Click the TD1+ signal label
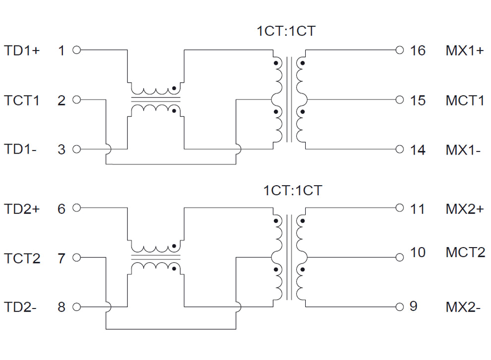pos(22,50)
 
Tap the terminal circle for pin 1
pos(76,50)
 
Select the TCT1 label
pos(22,100)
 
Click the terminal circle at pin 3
pos(76,149)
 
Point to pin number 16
pos(418,51)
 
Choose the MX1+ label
pos(464,51)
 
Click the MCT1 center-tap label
pos(465,100)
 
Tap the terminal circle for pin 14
pos(400,149)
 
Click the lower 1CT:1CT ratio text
pos(293,190)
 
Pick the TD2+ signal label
pos(22,208)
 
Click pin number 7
pos(61,258)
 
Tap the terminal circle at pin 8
pos(76,307)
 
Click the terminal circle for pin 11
pos(400,208)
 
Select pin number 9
pos(414,307)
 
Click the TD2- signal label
pos(20,307)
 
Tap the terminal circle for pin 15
pos(400,100)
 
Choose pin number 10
pos(418,252)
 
